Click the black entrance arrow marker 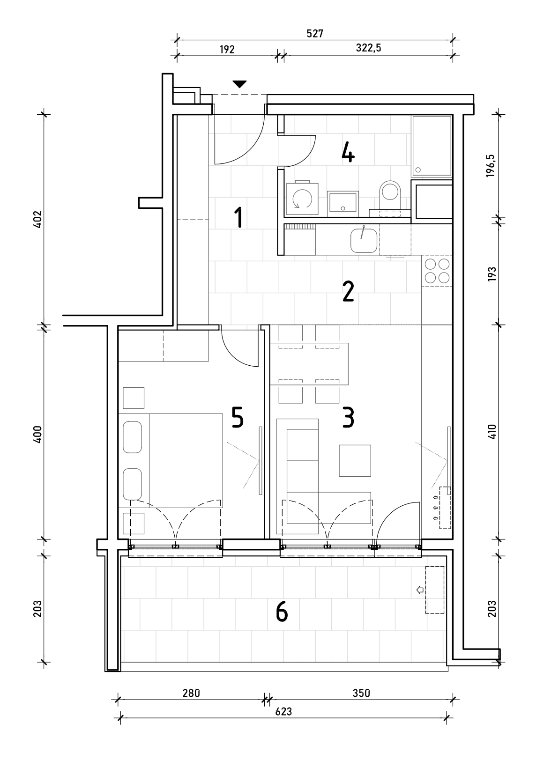pyautogui.click(x=239, y=84)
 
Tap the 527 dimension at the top pyautogui.click(x=315, y=34)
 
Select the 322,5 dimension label pyautogui.click(x=368, y=48)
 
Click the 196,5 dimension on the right pyautogui.click(x=490, y=166)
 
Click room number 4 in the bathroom pyautogui.click(x=348, y=153)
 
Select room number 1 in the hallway pyautogui.click(x=239, y=217)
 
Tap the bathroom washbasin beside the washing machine pyautogui.click(x=343, y=204)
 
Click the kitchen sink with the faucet pyautogui.click(x=364, y=240)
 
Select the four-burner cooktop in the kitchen pyautogui.click(x=437, y=271)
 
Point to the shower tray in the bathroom pyautogui.click(x=432, y=146)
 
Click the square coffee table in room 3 pyautogui.click(x=355, y=460)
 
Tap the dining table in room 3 pyautogui.click(x=309, y=363)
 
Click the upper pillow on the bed pyautogui.click(x=133, y=437)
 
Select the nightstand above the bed pyautogui.click(x=134, y=398)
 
